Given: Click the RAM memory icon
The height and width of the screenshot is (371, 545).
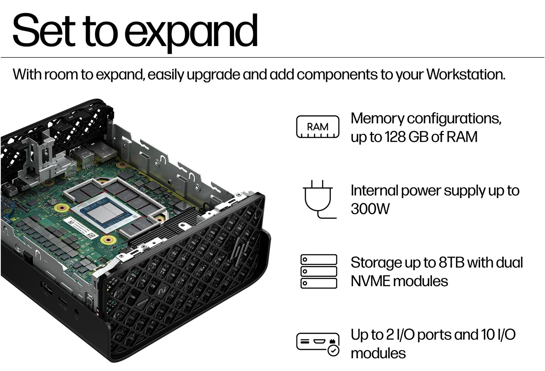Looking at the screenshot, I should [x=318, y=127].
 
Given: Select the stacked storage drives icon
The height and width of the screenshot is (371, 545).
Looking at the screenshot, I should [x=319, y=271].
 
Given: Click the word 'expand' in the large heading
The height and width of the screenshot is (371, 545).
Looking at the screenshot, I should [x=191, y=31].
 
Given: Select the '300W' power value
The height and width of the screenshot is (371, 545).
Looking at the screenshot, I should [x=370, y=209].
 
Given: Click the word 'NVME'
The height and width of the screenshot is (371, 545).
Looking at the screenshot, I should [x=370, y=281].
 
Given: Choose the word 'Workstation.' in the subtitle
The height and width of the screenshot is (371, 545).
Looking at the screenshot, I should [x=466, y=75].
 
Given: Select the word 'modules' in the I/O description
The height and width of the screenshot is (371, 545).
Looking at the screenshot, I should [x=378, y=353].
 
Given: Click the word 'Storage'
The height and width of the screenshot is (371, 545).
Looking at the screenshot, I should [x=376, y=263].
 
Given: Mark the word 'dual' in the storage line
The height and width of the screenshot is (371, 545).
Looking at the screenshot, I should [x=509, y=262].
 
